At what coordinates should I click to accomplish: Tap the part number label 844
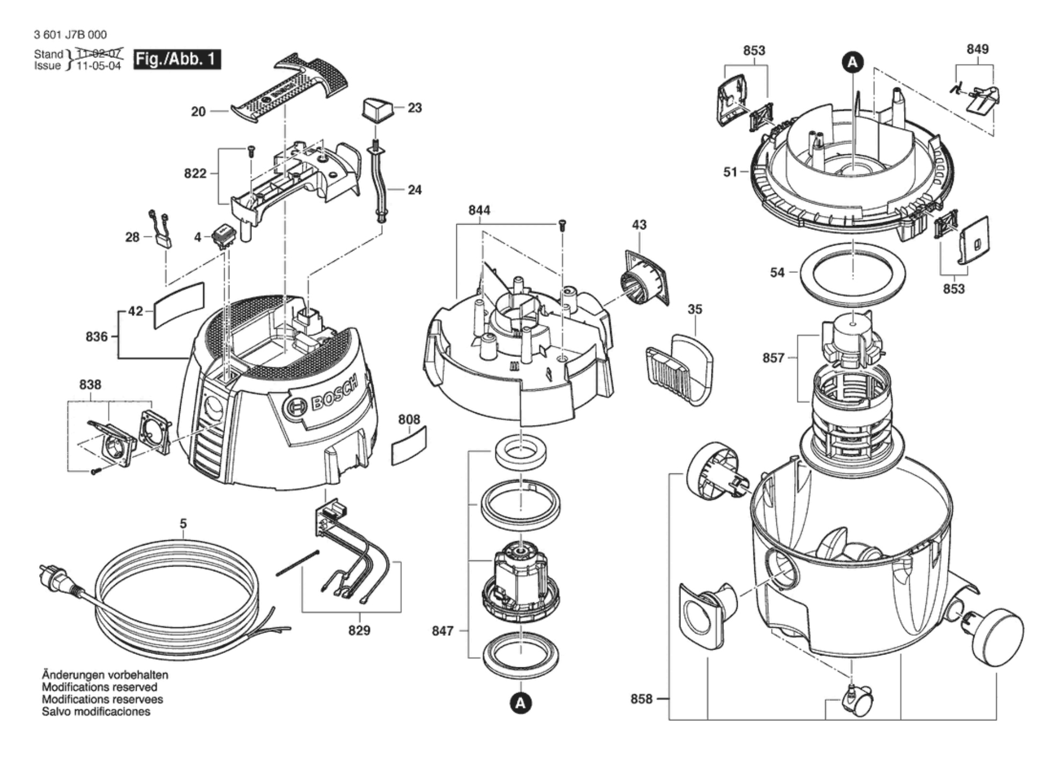click(479, 210)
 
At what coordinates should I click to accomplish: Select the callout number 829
click(359, 630)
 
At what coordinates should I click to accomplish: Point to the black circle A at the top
click(852, 62)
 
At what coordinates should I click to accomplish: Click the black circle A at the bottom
click(520, 703)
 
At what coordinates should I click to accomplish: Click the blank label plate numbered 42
click(179, 305)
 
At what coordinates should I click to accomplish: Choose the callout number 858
click(641, 699)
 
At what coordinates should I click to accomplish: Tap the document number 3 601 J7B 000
click(70, 35)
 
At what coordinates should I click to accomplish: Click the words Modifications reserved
click(100, 687)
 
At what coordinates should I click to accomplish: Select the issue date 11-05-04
click(99, 66)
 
